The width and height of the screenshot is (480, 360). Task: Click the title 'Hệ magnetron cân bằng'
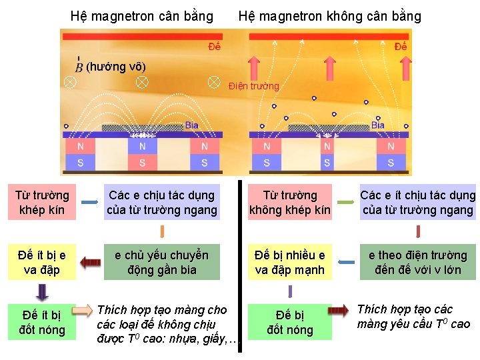pyautogui.click(x=142, y=16)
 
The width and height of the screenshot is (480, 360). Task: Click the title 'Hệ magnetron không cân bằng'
pyautogui.click(x=330, y=16)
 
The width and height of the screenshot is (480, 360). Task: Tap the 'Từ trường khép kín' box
pyautogui.click(x=42, y=203)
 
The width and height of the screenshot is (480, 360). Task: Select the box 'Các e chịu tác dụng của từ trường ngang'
pyautogui.click(x=162, y=203)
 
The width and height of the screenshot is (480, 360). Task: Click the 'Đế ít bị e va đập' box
pyautogui.click(x=42, y=262)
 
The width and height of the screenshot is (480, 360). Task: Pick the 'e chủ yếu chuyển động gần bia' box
pyautogui.click(x=162, y=262)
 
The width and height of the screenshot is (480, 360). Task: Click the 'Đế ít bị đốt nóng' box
pyautogui.click(x=42, y=322)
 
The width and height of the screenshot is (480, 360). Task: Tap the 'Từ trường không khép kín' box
pyautogui.click(x=289, y=203)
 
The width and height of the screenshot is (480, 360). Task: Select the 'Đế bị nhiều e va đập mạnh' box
pyautogui.click(x=289, y=262)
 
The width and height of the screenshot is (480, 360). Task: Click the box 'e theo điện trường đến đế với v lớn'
pyautogui.click(x=418, y=262)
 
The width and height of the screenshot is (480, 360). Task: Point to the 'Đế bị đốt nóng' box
pyautogui.click(x=289, y=322)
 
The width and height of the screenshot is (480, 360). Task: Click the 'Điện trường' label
pyautogui.click(x=254, y=86)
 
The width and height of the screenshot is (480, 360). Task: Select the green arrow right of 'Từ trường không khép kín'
pyautogui.click(x=345, y=201)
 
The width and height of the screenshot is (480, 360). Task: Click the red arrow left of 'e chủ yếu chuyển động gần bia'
pyautogui.click(x=88, y=262)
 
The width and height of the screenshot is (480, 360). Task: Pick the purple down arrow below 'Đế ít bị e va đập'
pyautogui.click(x=42, y=291)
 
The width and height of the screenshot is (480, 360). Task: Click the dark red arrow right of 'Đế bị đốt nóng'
pyautogui.click(x=338, y=311)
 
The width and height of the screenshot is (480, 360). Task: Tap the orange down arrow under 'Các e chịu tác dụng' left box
pyautogui.click(x=162, y=231)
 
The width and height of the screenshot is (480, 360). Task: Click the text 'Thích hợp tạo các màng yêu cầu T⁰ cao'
pyautogui.click(x=413, y=317)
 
